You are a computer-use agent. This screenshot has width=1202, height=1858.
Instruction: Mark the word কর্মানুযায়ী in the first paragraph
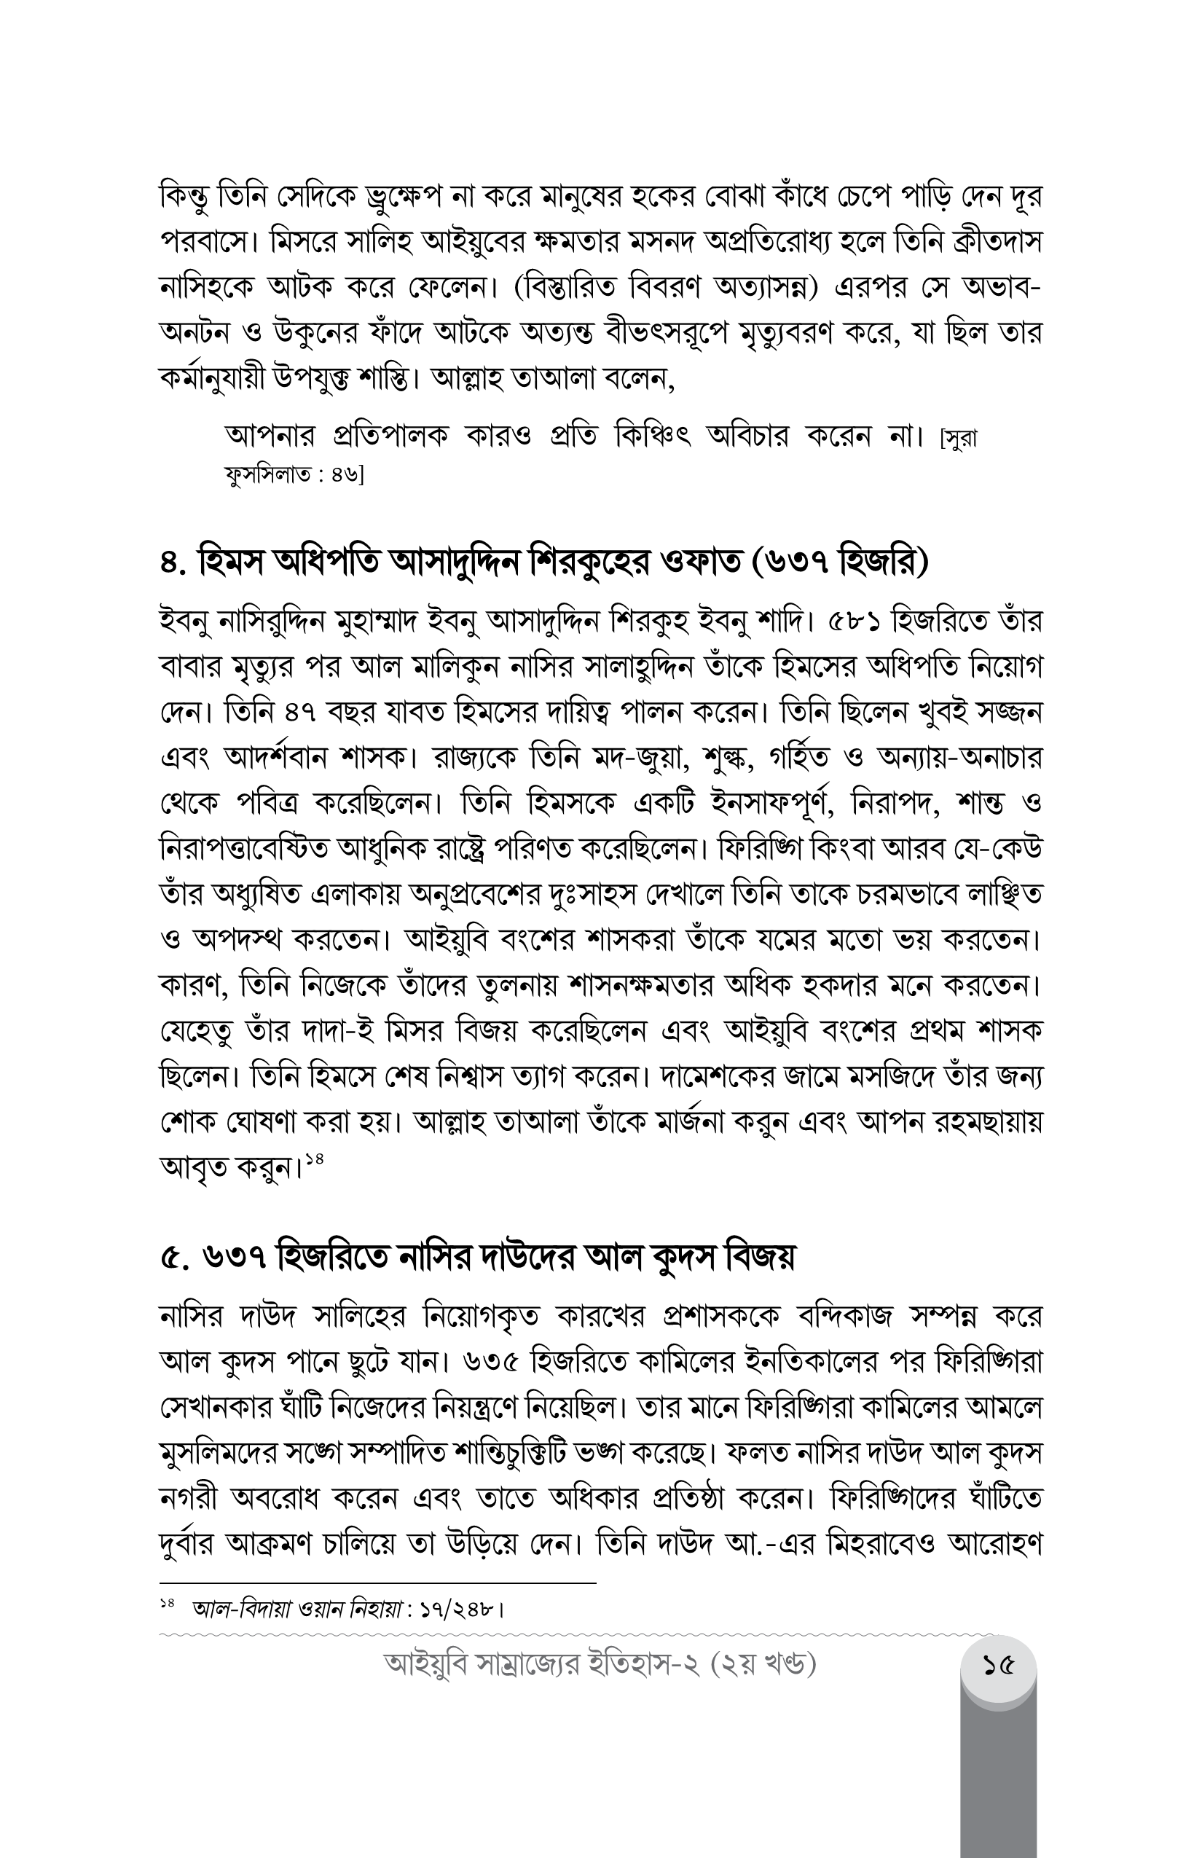tap(211, 379)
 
